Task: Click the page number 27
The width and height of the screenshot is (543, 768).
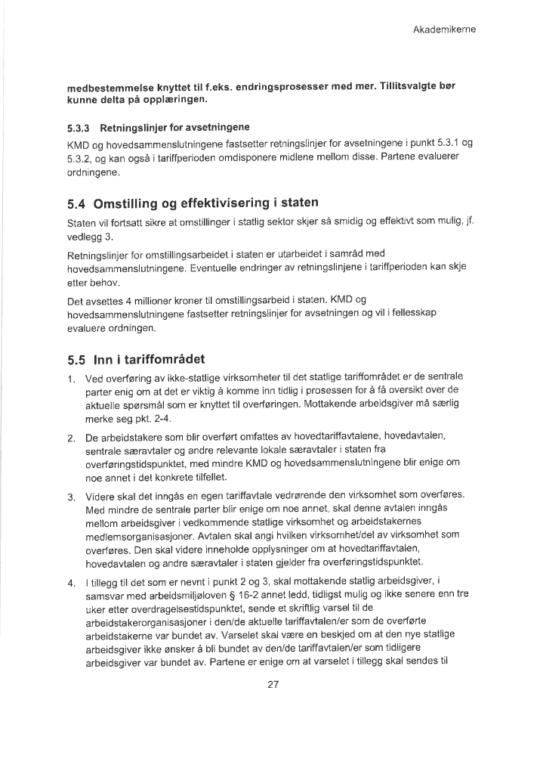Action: [x=273, y=686]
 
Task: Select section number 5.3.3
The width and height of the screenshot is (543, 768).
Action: [x=79, y=125]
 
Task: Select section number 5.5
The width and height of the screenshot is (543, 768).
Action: [x=77, y=357]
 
